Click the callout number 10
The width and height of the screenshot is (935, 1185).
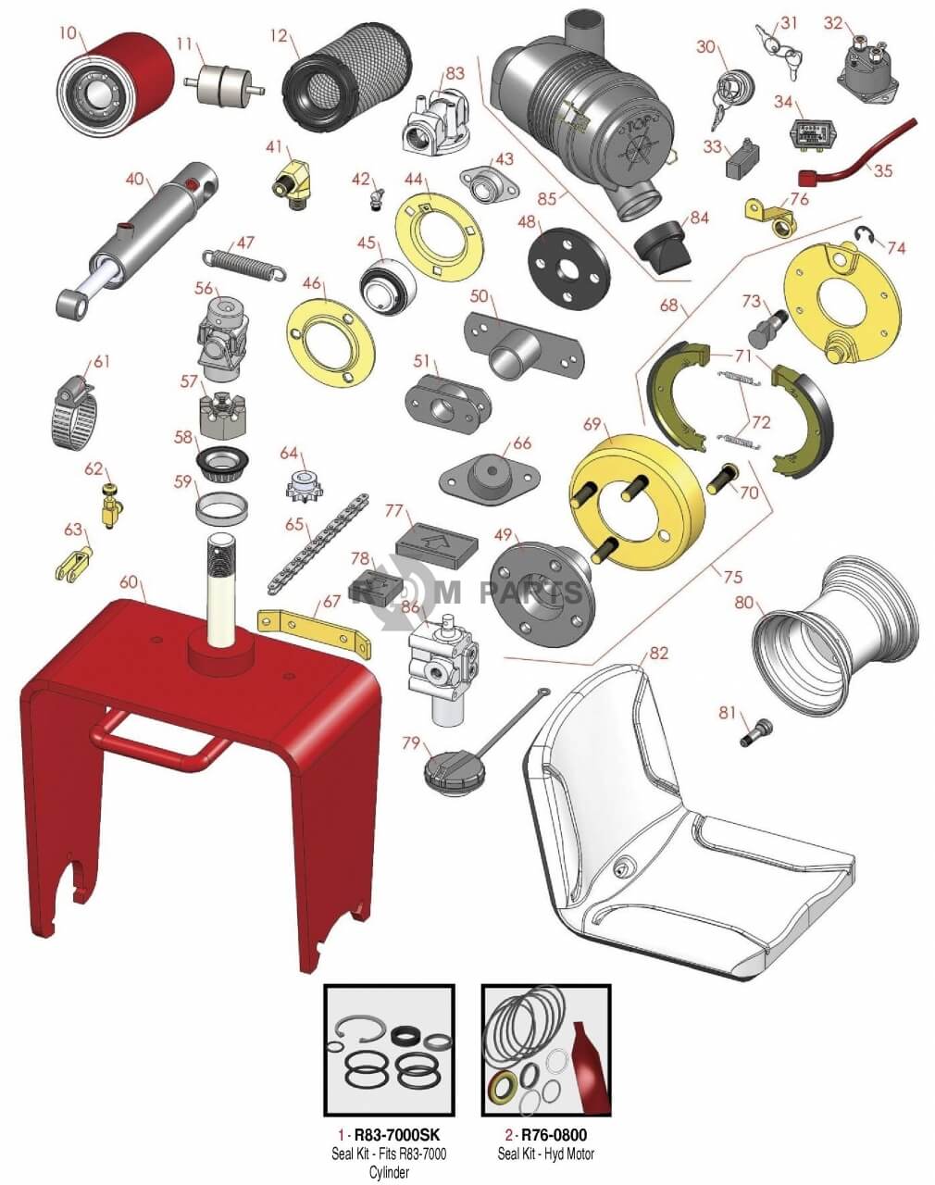pyautogui.click(x=69, y=33)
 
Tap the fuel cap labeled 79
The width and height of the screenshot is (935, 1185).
pyautogui.click(x=453, y=769)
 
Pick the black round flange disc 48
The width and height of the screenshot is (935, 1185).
pyautogui.click(x=568, y=265)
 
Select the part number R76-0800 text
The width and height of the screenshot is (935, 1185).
pyautogui.click(x=554, y=1135)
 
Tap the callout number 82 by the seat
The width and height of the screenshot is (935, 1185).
pyautogui.click(x=657, y=654)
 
